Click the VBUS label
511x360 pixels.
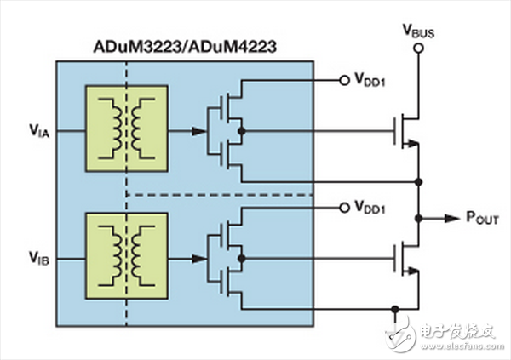point(419,31)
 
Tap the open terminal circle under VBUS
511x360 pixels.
point(418,49)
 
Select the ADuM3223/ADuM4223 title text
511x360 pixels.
point(185,47)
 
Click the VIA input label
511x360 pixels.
point(39,131)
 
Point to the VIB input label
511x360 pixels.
point(39,258)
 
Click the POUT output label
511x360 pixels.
point(482,218)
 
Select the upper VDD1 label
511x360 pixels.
point(370,80)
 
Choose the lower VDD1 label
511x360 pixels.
point(370,207)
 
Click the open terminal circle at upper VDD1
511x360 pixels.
point(344,80)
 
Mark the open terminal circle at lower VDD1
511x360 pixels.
point(344,208)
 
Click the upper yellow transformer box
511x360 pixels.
point(127,129)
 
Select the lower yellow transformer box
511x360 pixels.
point(127,256)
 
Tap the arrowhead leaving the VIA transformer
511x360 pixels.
point(198,131)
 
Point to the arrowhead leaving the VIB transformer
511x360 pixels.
point(198,259)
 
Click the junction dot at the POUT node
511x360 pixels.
point(419,218)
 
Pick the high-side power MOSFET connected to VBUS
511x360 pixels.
point(406,131)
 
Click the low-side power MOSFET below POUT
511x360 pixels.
point(406,259)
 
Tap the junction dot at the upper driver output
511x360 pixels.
point(242,131)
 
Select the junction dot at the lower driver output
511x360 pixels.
point(242,259)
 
